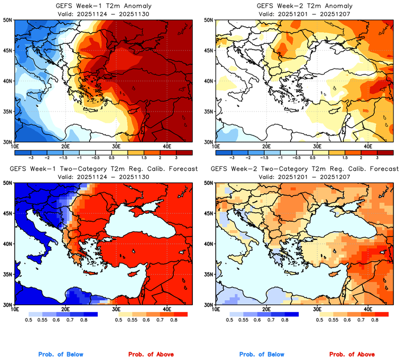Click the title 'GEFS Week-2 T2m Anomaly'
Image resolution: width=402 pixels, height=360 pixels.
click(x=303, y=6)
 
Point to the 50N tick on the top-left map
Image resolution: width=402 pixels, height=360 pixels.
click(x=8, y=20)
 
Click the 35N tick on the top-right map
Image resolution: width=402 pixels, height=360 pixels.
click(x=208, y=111)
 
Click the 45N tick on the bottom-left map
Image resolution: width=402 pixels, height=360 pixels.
click(x=8, y=213)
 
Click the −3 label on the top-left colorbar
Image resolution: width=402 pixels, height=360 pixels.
click(x=32, y=157)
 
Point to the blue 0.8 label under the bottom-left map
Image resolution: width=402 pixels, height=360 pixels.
click(x=84, y=320)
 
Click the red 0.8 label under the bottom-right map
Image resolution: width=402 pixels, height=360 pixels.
click(x=375, y=320)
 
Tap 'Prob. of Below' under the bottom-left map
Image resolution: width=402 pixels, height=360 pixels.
click(x=61, y=355)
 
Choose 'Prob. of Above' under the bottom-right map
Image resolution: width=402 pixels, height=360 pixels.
click(x=351, y=355)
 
